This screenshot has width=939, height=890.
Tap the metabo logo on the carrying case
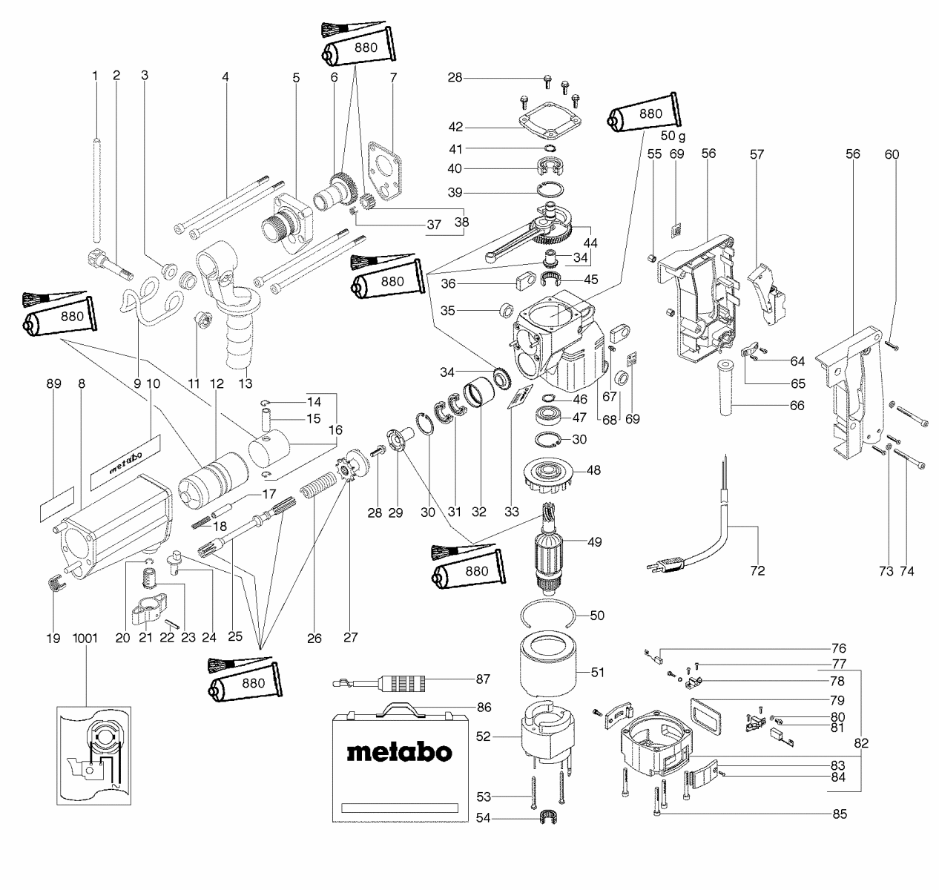pos(399,752)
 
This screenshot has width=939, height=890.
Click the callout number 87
pos(484,678)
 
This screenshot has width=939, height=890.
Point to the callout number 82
pos(861,742)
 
